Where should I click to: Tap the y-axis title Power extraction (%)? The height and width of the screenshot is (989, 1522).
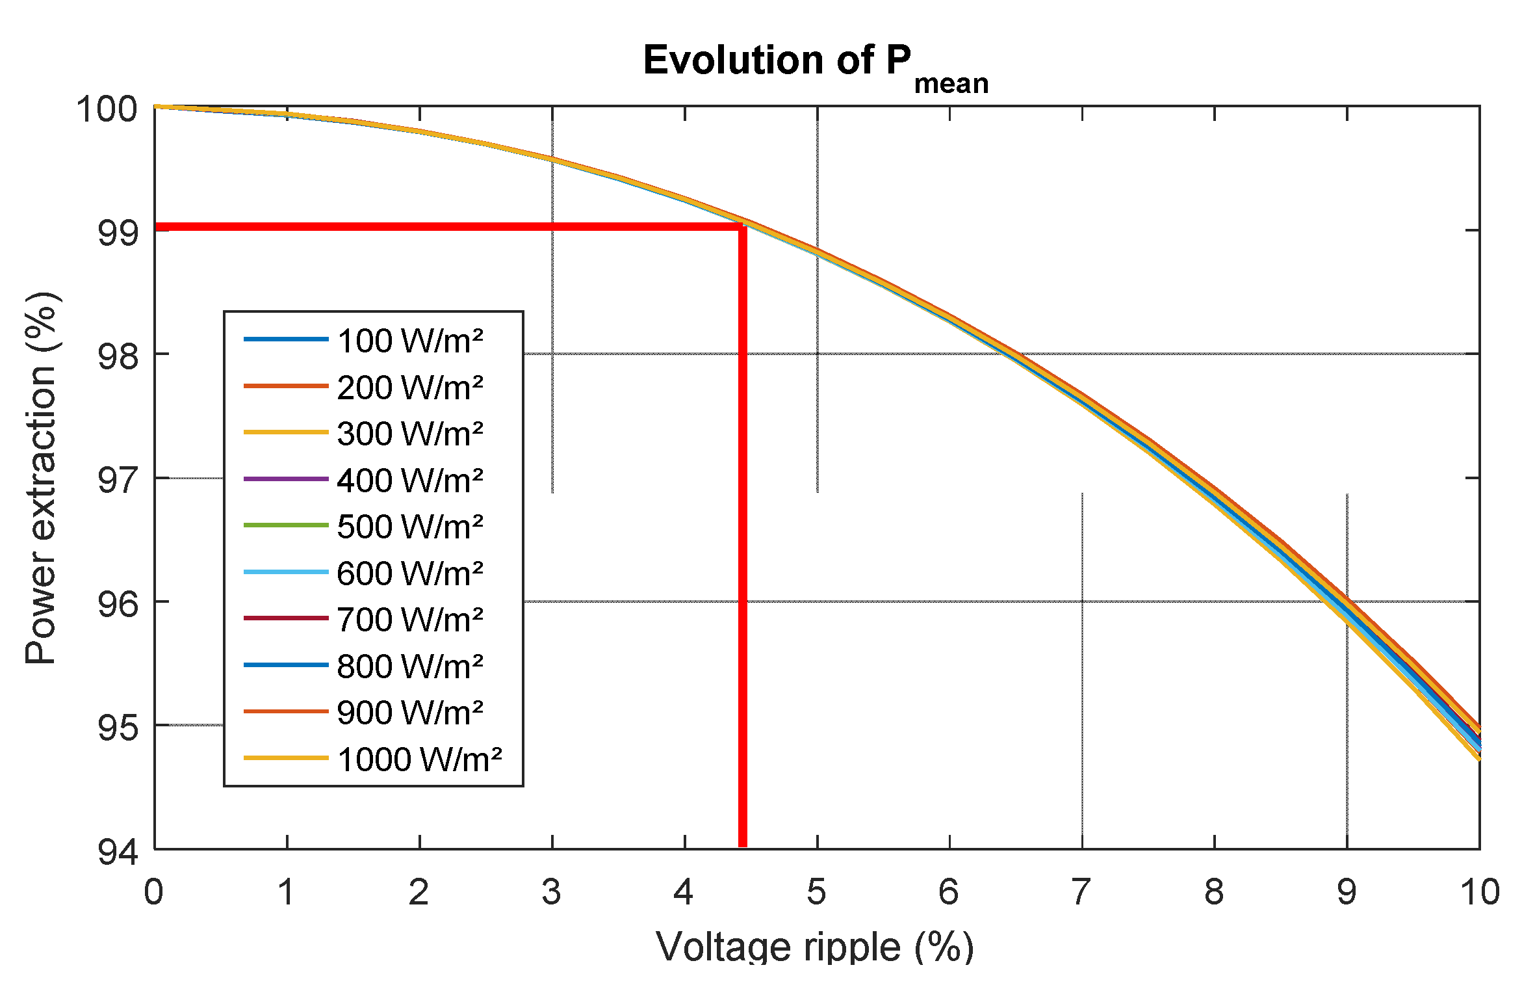(x=41, y=478)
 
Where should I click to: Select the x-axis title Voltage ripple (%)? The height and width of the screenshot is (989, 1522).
(x=815, y=946)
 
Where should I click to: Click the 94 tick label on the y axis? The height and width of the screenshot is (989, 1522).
(x=118, y=852)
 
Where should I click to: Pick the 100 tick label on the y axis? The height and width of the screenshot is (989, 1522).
(x=107, y=109)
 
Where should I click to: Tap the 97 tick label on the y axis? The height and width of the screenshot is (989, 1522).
(x=118, y=481)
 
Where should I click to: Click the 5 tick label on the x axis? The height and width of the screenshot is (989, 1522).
(x=816, y=892)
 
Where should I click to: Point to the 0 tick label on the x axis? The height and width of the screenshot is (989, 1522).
(x=153, y=892)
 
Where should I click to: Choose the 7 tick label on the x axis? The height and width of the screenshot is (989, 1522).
(x=1081, y=892)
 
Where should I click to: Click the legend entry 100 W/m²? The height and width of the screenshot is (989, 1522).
(x=409, y=341)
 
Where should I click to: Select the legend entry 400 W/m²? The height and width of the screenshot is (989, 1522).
(x=409, y=481)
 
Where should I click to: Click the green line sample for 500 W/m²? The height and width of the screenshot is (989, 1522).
(x=286, y=525)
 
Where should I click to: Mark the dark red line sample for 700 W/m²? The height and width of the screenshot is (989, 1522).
(x=286, y=618)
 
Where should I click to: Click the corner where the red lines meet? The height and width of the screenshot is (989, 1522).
(x=742, y=227)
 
